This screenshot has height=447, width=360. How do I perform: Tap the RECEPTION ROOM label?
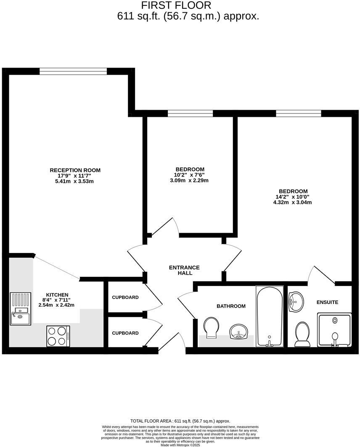pos(75,170)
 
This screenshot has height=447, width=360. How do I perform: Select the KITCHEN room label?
pos(57,295)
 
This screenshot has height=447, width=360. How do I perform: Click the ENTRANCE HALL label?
pos(184,270)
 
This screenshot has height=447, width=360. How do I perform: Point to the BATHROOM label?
pos(231,306)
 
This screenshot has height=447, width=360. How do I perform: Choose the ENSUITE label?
pos(327,302)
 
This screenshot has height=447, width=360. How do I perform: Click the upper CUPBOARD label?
pos(125,297)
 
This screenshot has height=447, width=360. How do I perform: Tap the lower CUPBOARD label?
pos(125,333)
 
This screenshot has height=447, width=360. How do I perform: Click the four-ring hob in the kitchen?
pos(58,336)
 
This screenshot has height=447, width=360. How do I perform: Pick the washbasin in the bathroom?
pos(240,332)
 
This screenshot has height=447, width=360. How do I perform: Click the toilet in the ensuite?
pos(302,334)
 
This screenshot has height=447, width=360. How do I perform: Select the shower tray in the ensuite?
pos(334,330)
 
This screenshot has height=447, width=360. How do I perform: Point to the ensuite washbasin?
pos(297,302)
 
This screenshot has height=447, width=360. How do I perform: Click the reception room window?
pos(73,71)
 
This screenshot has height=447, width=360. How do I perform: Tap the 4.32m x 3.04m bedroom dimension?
pos(292,202)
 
